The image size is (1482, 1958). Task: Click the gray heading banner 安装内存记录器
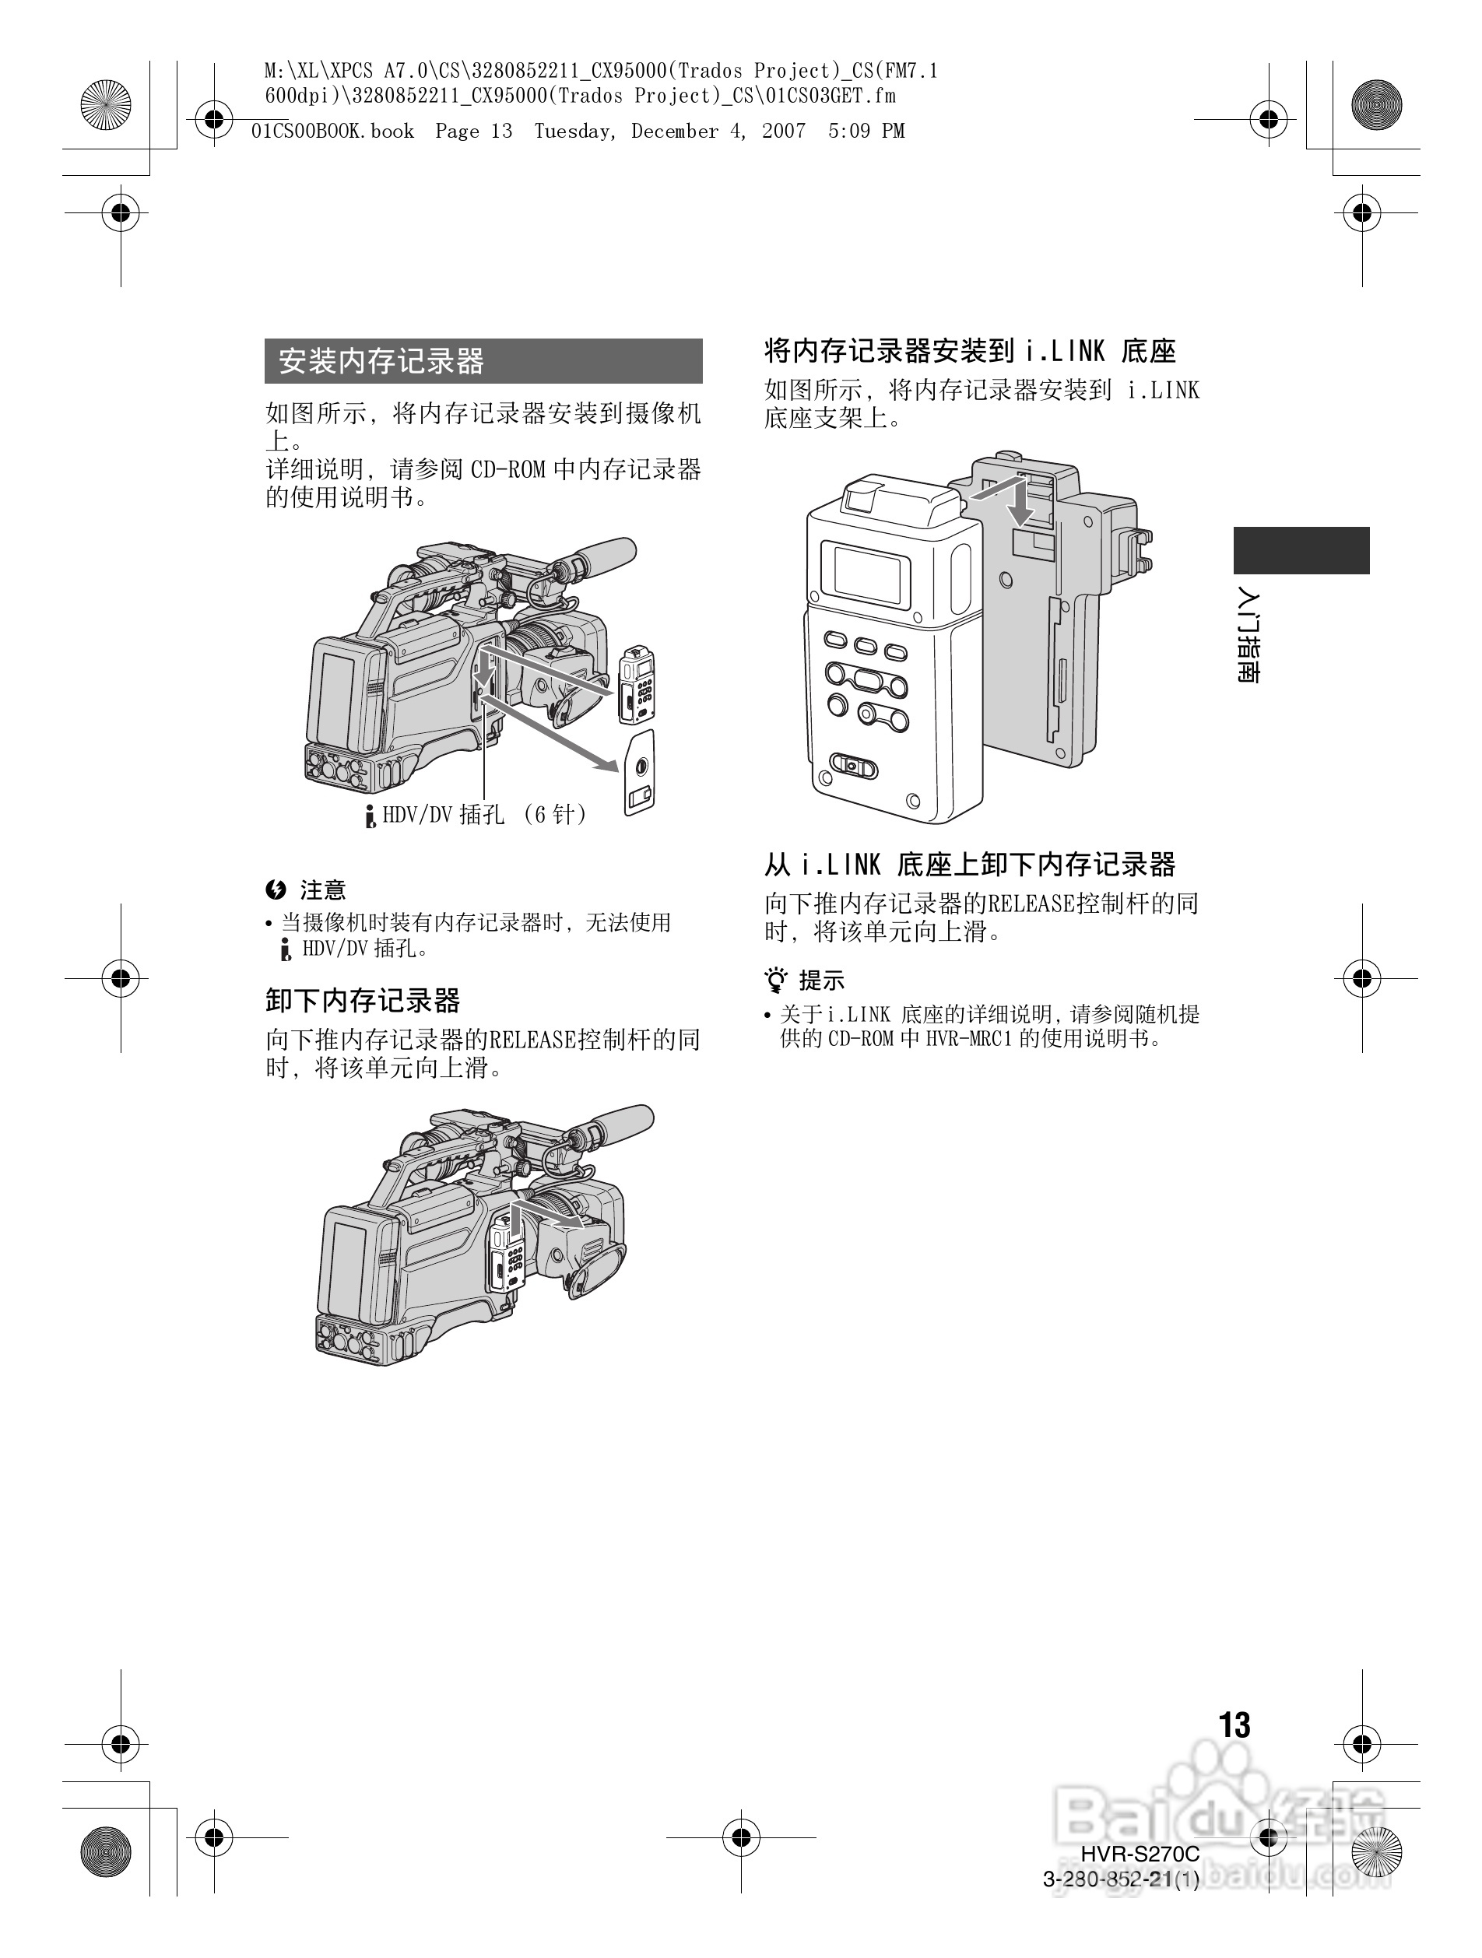pos(483,361)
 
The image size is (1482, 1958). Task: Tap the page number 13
pos(1234,1725)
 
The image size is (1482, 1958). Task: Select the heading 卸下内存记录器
pos(363,1001)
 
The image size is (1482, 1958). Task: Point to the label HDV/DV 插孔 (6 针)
pos(483,814)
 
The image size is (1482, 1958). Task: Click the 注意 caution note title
pos(322,890)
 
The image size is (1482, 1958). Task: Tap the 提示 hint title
pos(822,981)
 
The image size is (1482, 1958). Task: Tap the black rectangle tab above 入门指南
pos(1301,550)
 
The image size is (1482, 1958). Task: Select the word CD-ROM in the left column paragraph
pos(507,470)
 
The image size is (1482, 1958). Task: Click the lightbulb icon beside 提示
pos(776,981)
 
